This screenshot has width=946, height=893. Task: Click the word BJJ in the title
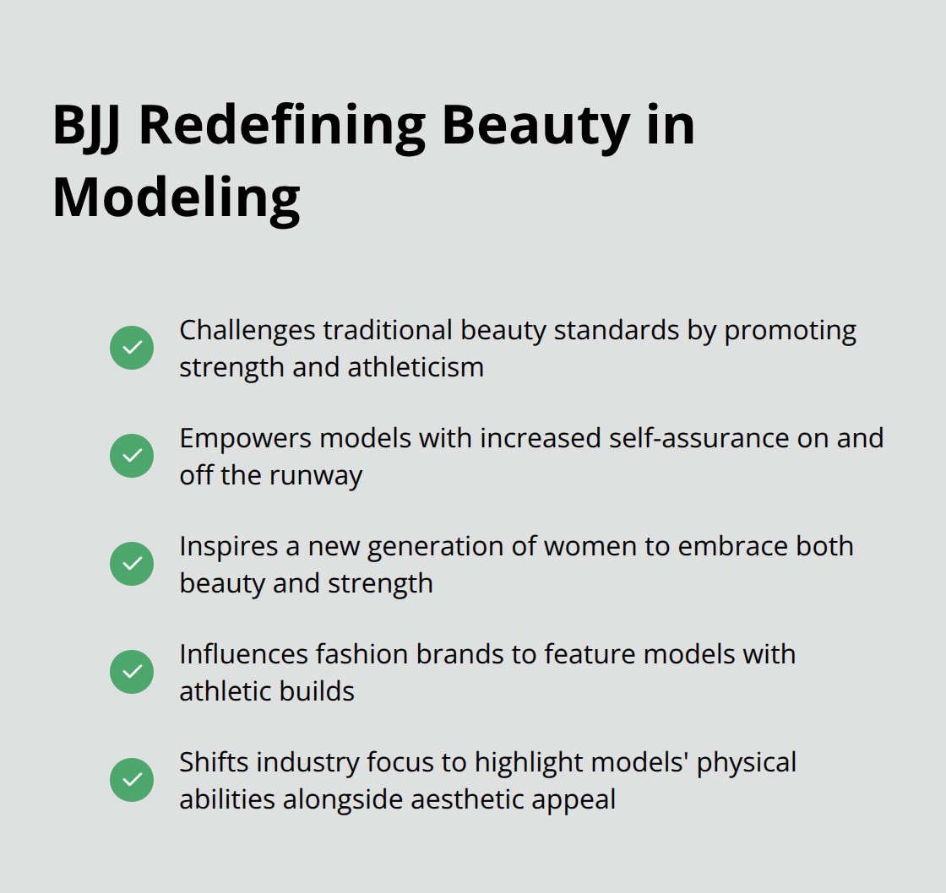tap(86, 127)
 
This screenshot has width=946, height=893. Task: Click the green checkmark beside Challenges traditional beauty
tap(132, 348)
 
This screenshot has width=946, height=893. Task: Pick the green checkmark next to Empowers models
tap(132, 456)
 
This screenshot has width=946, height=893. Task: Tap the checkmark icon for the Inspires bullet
tap(132, 564)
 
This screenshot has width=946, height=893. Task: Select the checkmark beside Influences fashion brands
tap(132, 672)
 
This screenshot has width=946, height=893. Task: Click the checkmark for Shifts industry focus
tap(132, 780)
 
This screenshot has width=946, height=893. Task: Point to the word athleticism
tap(416, 367)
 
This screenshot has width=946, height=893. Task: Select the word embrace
tap(732, 546)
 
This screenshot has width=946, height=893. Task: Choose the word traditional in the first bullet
tap(388, 330)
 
